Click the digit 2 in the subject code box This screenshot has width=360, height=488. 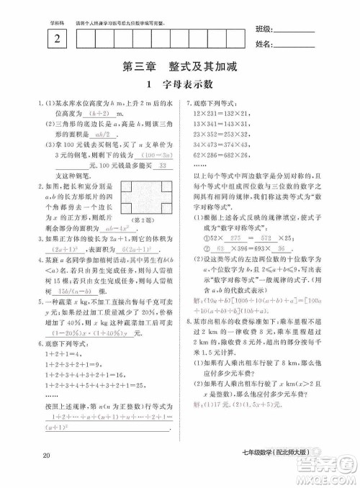tap(56, 38)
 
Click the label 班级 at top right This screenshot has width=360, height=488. tap(264, 29)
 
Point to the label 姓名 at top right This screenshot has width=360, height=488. tap(264, 44)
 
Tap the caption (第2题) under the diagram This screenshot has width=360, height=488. tap(147, 199)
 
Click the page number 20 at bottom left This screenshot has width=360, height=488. tap(47, 454)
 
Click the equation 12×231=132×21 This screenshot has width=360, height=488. tap(218, 114)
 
